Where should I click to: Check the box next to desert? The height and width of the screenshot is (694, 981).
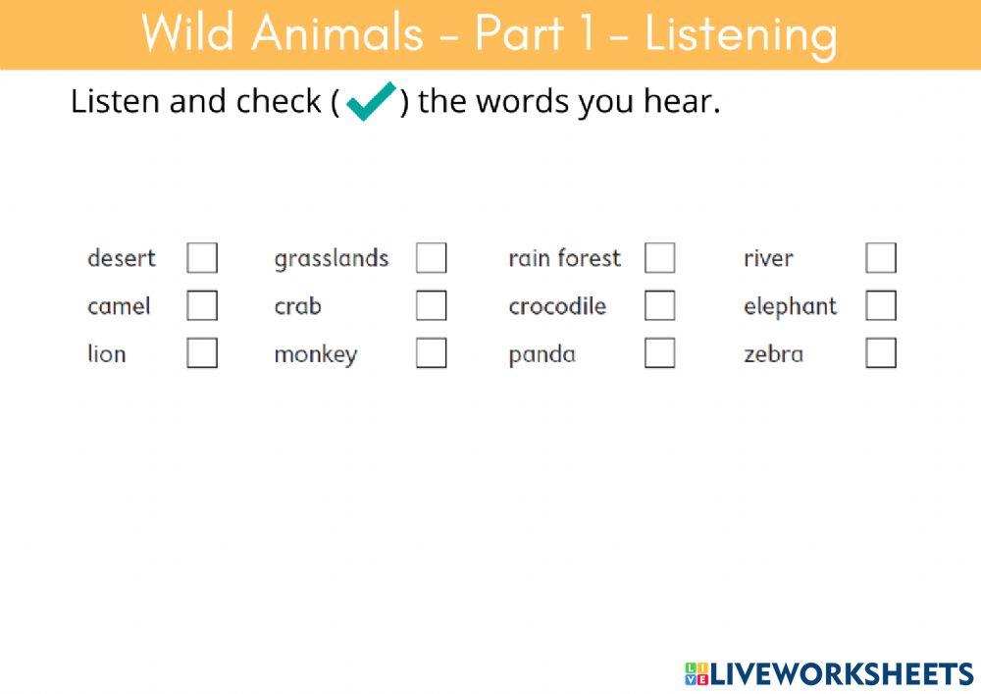point(202,258)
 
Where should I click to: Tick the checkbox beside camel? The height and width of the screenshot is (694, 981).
point(202,305)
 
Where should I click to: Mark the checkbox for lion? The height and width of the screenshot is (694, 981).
point(202,352)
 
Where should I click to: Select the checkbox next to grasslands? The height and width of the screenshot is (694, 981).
point(431,258)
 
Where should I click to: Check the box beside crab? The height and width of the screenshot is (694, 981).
point(431,305)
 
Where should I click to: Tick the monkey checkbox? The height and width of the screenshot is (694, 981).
point(431,352)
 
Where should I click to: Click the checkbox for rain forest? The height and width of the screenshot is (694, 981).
point(659,258)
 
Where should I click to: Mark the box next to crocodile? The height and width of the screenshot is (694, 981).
point(659,305)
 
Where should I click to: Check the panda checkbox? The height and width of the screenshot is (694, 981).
point(659,352)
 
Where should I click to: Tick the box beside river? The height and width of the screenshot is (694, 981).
point(881,258)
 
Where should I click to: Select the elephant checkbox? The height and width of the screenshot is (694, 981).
point(881,305)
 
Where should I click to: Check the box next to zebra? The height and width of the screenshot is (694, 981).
point(881,352)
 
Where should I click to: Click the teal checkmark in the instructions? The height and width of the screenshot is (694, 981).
point(370,101)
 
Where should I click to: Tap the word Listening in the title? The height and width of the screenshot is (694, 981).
point(741,34)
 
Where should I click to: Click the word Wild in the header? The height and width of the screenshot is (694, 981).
point(186,33)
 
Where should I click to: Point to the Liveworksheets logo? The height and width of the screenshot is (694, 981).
point(829,673)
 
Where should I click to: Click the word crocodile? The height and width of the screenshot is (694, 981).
point(557,306)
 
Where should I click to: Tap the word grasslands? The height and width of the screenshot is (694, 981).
point(332,259)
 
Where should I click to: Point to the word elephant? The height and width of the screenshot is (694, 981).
point(790,306)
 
